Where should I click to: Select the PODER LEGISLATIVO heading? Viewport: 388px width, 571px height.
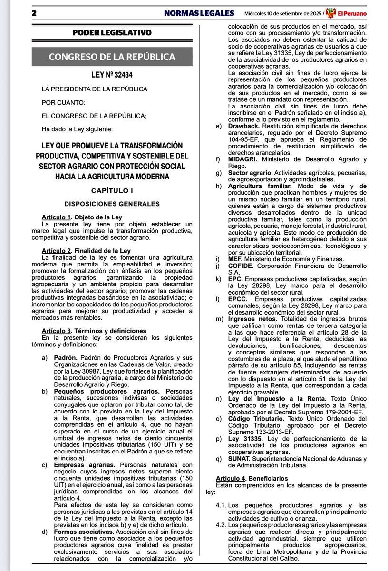(112, 33)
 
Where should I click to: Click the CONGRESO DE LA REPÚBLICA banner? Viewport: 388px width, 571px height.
(112, 57)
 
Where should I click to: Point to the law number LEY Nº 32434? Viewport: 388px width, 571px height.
(112, 75)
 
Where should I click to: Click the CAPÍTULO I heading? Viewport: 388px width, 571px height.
(112, 190)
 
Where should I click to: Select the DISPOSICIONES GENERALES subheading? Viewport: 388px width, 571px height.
(112, 204)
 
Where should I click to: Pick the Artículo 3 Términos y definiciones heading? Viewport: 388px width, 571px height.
(94, 331)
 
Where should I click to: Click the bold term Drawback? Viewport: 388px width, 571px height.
(243, 126)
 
